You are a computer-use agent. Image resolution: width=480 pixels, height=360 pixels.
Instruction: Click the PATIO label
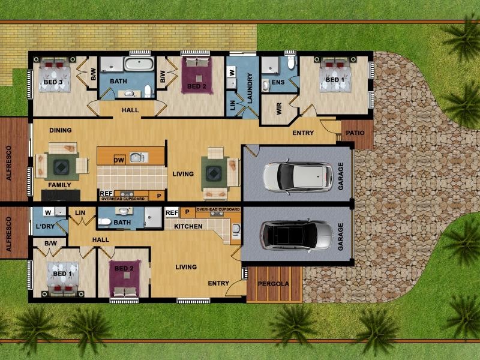point(355,133)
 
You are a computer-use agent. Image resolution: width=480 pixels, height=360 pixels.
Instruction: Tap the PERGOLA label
point(274,284)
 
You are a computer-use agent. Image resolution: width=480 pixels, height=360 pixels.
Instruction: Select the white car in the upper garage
point(298,176)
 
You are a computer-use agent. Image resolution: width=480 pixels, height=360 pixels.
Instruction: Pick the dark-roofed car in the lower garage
point(296,235)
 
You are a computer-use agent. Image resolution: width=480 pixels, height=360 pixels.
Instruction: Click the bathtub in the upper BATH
point(139,64)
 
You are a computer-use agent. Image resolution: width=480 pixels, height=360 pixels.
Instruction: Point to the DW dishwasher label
point(119,160)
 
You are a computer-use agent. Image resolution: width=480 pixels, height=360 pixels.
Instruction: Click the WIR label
point(279,109)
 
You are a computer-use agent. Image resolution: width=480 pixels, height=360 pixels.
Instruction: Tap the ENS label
point(278,82)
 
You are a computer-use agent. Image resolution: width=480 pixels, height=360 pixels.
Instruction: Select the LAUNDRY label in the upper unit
point(250,88)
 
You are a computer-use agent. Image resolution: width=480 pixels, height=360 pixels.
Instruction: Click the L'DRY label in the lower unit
point(45,227)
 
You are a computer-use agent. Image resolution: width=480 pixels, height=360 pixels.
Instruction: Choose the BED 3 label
point(53,82)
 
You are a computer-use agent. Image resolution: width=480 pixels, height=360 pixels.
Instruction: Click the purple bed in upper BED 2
point(196,75)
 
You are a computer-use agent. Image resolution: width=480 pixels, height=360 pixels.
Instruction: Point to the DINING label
point(61,130)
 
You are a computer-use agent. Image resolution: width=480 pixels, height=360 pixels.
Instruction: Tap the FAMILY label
point(59,185)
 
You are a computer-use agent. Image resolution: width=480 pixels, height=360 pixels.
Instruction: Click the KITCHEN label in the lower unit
point(188,226)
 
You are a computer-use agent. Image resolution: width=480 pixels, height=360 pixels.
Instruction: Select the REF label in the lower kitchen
point(172,212)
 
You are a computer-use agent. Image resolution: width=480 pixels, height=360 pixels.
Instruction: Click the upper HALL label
point(130,110)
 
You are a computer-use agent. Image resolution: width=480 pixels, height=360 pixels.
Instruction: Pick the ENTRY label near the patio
point(303,133)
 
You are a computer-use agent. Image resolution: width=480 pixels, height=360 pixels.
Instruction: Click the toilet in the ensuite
point(291,62)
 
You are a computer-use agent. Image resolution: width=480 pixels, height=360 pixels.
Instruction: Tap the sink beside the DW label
point(137,158)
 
